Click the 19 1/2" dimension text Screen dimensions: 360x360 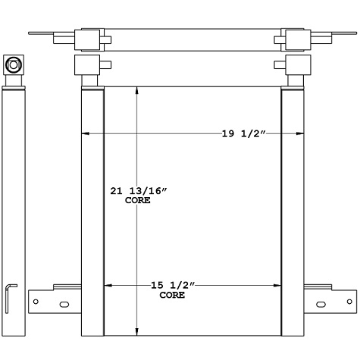pos(241,134)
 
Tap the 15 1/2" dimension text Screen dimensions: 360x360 pos(171,286)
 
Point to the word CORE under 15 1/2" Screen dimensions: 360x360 pos(171,295)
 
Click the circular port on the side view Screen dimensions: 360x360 pos(14,66)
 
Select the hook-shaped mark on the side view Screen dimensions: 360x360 pos(9,297)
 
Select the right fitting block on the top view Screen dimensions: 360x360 pos(294,39)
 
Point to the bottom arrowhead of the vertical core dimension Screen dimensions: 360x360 pos(136,330)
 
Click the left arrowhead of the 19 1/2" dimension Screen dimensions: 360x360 pos(86,134)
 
